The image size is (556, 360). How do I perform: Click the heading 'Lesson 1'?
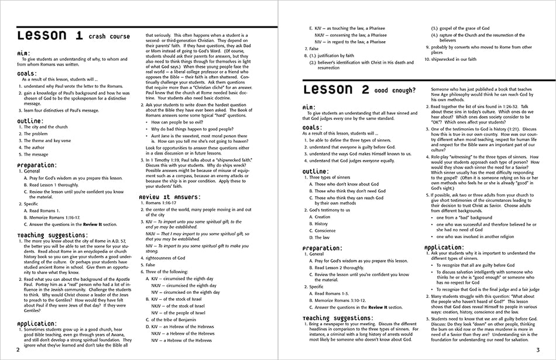click(x=49, y=36)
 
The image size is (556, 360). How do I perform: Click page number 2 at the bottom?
click(x=18, y=350)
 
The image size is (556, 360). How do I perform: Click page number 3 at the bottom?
click(x=537, y=350)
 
